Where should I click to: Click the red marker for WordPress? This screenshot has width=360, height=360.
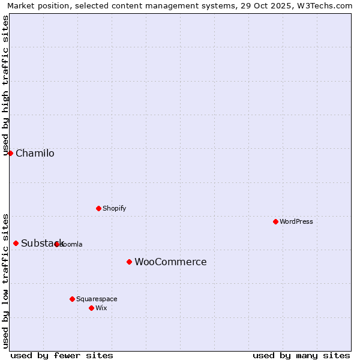click(275, 221)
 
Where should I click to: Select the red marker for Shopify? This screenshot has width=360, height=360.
click(98, 208)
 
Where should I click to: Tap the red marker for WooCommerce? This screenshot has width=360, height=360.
click(129, 262)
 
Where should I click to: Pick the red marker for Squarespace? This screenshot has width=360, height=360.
click(72, 299)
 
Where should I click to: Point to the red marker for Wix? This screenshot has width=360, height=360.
click(91, 308)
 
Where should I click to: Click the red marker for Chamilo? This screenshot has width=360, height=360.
click(10, 153)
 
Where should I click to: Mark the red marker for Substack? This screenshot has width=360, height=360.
click(16, 243)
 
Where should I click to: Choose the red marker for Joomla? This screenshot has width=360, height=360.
click(56, 244)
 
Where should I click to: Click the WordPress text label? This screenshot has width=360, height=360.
click(296, 221)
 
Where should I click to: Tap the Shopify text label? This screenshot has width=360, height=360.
click(114, 208)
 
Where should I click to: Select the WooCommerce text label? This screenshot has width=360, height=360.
click(170, 262)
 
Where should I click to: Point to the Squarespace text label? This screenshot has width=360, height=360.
click(97, 299)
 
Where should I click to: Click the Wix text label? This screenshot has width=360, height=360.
click(101, 308)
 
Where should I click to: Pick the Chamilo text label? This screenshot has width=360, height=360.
click(35, 153)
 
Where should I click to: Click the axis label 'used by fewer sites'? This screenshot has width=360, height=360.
click(62, 355)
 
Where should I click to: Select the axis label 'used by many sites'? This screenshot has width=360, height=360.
click(301, 355)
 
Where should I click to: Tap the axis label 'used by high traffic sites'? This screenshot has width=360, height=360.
click(5, 85)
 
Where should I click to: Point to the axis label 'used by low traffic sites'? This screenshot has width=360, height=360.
click(5, 280)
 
